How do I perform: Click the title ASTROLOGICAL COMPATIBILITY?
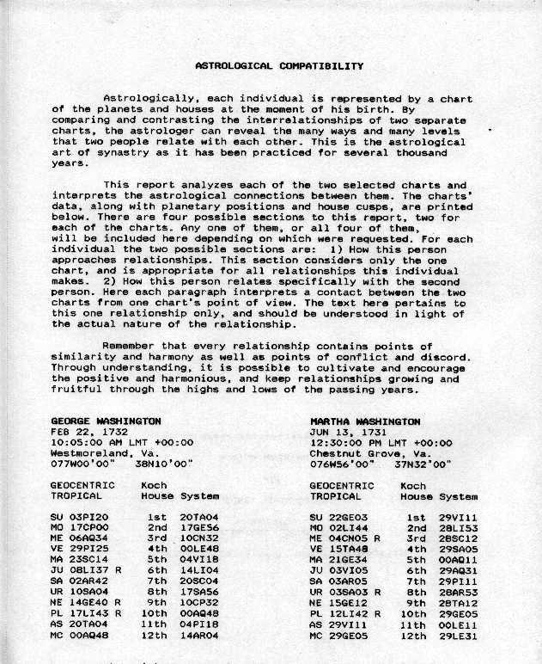279,65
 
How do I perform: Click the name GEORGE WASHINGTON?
106,421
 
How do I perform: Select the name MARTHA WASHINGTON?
364,421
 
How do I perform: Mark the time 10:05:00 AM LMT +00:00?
122,442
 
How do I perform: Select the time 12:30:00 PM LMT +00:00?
381,442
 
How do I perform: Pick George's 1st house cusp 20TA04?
200,517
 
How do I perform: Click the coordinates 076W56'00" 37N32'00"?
379,464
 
